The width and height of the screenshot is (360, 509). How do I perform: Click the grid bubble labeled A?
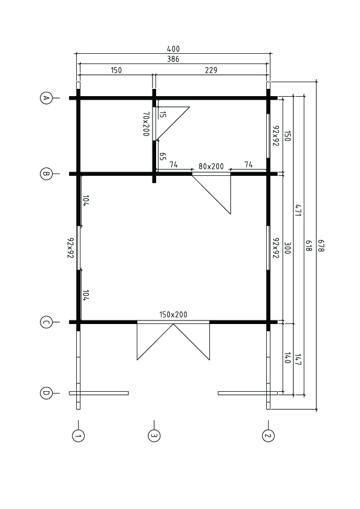click(x=46, y=98)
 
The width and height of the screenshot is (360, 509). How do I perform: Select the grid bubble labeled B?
click(x=46, y=173)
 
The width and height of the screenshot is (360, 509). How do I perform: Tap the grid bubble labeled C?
click(x=46, y=322)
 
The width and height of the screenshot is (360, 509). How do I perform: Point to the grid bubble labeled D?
click(x=46, y=393)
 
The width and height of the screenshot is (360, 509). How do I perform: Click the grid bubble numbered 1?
click(x=78, y=436)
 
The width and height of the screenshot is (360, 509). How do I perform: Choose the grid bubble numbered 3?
click(x=154, y=436)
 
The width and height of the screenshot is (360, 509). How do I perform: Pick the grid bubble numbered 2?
click(x=268, y=436)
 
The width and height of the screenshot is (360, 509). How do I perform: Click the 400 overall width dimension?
click(x=173, y=49)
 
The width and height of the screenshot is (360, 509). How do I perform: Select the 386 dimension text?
click(x=173, y=59)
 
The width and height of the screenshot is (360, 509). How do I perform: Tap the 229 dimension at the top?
click(x=211, y=70)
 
